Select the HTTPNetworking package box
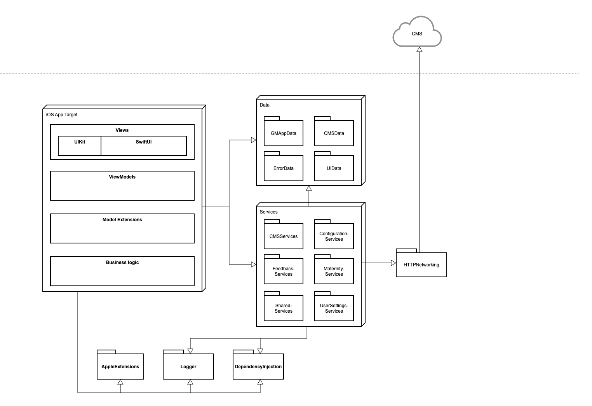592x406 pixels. pos(421,265)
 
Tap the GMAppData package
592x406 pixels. pos(283,133)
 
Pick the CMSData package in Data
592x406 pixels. pos(334,133)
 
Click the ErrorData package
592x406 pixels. pos(283,168)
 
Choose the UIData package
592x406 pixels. pos(334,168)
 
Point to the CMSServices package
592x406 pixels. pos(283,236)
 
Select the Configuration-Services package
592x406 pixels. pos(334,236)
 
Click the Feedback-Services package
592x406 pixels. pos(283,271)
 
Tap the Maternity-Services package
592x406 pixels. pos(334,271)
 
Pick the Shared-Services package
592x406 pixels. pos(283,308)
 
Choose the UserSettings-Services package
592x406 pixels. pos(334,308)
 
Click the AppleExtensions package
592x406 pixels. pos(120,366)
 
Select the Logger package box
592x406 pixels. pos(188,366)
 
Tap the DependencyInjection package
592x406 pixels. pos(258,366)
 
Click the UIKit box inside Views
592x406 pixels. pos(80,146)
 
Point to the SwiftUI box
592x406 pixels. pos(144,146)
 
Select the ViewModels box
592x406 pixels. pos(122,186)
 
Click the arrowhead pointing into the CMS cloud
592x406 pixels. pos(419,49)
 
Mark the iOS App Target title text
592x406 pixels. pos(62,115)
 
